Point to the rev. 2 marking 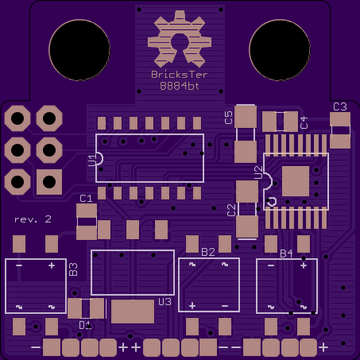(x=33, y=219)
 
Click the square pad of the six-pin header (x=48, y=181)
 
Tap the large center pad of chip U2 (x=296, y=180)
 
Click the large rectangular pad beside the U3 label (x=133, y=311)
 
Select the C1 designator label (x=86, y=198)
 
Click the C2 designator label (x=231, y=210)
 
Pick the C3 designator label (x=339, y=106)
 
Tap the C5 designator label (x=229, y=118)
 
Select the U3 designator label (x=165, y=302)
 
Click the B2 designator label (x=208, y=252)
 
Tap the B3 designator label (x=73, y=269)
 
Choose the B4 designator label (x=286, y=254)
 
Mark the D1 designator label (x=85, y=324)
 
